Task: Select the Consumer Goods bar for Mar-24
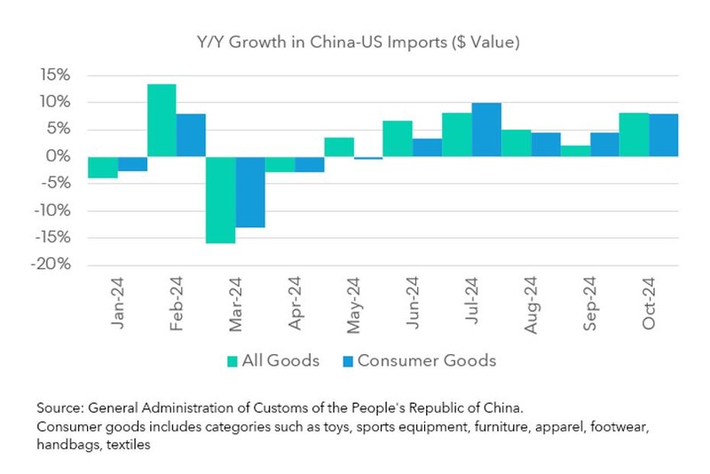pos(250,192)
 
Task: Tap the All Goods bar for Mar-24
pos(220,200)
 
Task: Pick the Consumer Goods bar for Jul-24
pos(486,130)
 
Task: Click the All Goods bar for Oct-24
pos(635,135)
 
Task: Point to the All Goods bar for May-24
pos(339,147)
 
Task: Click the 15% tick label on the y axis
pos(53,75)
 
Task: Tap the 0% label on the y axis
pos(57,156)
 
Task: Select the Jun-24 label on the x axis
pos(414,304)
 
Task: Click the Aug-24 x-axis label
pos(532,304)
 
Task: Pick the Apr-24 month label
pos(296,304)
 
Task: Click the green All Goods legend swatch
pos(233,361)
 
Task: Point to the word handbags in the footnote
pos(67,446)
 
